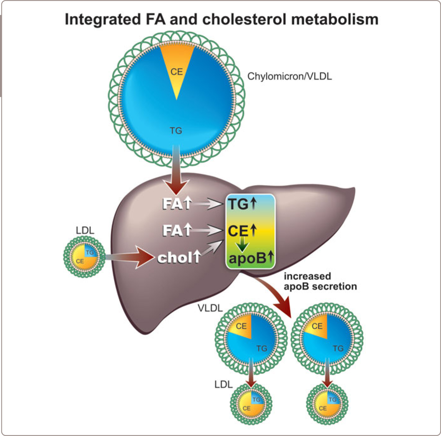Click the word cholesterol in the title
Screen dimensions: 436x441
point(244,20)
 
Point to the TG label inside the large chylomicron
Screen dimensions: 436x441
point(176,131)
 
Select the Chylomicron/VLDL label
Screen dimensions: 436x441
point(289,77)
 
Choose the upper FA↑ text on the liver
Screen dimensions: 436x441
point(177,204)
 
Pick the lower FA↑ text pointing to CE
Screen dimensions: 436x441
point(177,230)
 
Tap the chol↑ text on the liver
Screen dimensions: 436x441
point(179,258)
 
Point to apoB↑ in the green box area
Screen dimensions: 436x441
point(251,258)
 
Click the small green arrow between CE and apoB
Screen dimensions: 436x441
point(242,245)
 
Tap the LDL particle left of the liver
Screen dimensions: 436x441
point(85,257)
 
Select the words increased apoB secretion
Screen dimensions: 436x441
point(320,281)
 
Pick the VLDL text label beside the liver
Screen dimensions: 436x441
point(210,308)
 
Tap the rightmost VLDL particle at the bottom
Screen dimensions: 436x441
point(327,339)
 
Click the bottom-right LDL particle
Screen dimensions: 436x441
point(327,404)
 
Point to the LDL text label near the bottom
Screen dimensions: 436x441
point(223,385)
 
